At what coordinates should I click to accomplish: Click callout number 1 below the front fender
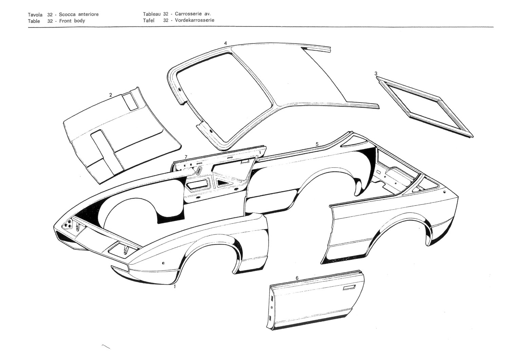(x=174, y=287)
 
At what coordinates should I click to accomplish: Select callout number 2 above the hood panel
(x=111, y=95)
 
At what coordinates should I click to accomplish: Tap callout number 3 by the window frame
(x=376, y=73)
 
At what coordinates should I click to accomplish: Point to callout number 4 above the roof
(x=225, y=43)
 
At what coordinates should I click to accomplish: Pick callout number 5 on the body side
(x=317, y=144)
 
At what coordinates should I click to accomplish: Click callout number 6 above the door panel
(x=297, y=278)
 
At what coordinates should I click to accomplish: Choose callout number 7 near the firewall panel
(x=186, y=157)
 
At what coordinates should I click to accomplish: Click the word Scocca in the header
(x=67, y=14)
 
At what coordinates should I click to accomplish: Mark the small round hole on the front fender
(x=164, y=263)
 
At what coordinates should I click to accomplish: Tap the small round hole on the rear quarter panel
(x=445, y=192)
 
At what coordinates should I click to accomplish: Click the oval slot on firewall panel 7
(x=199, y=170)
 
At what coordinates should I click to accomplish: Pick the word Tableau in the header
(x=152, y=14)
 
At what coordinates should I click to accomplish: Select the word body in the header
(x=80, y=20)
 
